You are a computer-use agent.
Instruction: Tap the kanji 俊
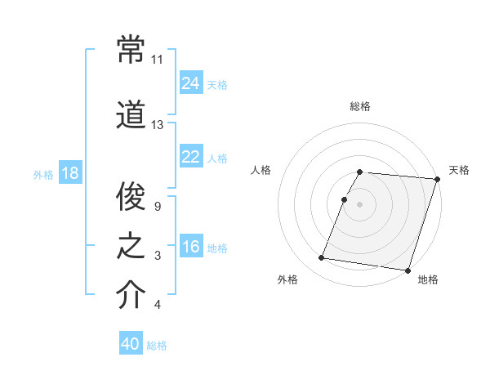coord(131,197)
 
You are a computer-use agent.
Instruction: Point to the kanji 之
coord(131,246)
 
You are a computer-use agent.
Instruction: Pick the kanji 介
coord(131,295)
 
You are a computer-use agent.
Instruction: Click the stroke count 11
coord(158,60)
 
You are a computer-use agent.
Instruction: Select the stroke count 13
coord(158,125)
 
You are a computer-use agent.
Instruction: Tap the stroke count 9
coord(156,207)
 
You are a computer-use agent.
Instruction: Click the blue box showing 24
coord(191,83)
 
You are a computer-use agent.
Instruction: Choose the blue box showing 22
coord(191,157)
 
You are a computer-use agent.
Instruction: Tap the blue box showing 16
coord(191,247)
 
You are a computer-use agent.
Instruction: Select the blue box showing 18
coord(69,173)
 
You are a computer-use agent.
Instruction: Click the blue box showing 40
coord(131,344)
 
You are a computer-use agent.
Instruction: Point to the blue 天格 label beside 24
coord(217,84)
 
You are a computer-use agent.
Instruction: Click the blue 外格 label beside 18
coord(43,174)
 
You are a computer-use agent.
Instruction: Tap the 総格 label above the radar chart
coord(360,106)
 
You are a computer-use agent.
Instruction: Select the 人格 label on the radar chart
coord(261,170)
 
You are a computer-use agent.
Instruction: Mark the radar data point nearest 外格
coord(321,258)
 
